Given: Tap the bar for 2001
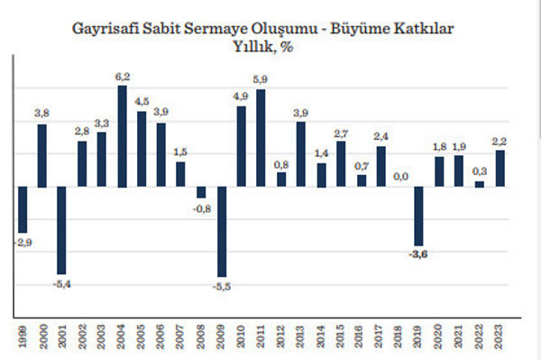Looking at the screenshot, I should [61, 230].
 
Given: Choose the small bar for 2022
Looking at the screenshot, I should [479, 184].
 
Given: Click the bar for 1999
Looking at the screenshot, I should [22, 209].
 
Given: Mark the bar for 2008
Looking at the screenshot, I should [200, 192].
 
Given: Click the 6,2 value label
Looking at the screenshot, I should [123, 78].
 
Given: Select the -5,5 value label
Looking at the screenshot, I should [222, 286].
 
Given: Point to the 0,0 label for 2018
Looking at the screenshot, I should [399, 178].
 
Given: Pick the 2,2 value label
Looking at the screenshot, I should [500, 141].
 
